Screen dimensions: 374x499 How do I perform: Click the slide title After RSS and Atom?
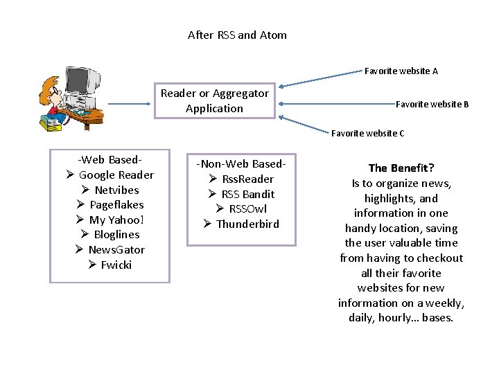coord(237,35)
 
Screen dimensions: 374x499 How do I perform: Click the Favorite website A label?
coord(401,71)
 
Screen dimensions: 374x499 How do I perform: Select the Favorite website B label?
coord(432,104)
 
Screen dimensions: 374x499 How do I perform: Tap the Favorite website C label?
coord(367,133)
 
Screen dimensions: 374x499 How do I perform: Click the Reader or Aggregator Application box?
coord(215,100)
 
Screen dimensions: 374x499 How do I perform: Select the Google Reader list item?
coord(116,175)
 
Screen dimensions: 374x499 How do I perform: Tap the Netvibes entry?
coord(116,190)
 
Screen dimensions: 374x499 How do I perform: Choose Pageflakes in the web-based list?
coord(116,204)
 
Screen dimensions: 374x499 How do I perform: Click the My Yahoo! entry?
coord(116,220)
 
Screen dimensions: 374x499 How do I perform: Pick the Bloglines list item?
coord(116,234)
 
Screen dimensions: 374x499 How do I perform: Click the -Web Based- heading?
coord(105,159)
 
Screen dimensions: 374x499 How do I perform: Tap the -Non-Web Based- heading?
coord(241,163)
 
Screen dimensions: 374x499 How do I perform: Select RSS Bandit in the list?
coord(247,194)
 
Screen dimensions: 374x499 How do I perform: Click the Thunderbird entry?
coord(247,224)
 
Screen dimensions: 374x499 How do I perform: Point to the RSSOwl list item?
coord(247,208)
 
